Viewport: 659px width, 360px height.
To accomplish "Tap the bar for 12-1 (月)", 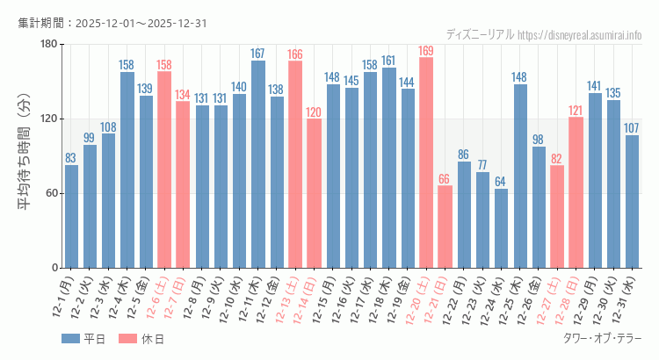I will point(71,216).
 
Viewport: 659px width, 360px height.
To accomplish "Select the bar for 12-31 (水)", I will point(632,201).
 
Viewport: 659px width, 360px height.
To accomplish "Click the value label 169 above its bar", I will point(426,51).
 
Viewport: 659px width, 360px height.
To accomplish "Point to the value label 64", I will point(501,182).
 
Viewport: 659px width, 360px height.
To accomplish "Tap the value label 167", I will point(258,54).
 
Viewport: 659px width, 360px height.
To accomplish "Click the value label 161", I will point(389,61).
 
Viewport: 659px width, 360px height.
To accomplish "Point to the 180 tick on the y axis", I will point(48,45).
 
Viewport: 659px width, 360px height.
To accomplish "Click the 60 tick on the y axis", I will point(51,193).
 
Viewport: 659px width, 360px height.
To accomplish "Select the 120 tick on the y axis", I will point(48,119).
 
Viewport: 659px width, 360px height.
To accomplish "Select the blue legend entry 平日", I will point(84,339).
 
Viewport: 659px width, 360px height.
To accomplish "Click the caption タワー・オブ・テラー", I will point(602,339).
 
